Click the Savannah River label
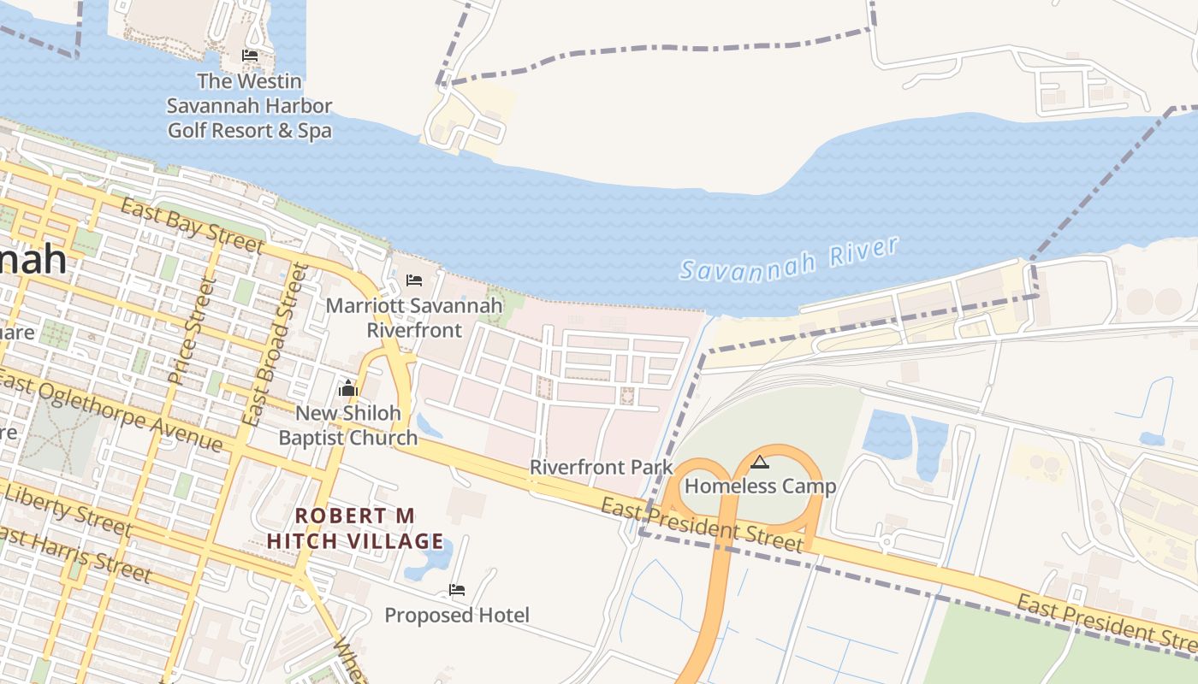pyautogui.click(x=789, y=258)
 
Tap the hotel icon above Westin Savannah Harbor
pyautogui.click(x=250, y=56)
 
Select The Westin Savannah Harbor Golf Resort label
pyautogui.click(x=249, y=106)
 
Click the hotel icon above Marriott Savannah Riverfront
pyautogui.click(x=414, y=280)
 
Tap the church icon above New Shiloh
pyautogui.click(x=348, y=389)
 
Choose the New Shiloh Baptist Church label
pyautogui.click(x=348, y=425)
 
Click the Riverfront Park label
pyautogui.click(x=602, y=468)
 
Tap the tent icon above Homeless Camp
pyautogui.click(x=759, y=463)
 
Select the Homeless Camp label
pyautogui.click(x=760, y=486)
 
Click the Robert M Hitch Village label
pyautogui.click(x=355, y=528)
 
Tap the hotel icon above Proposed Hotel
pyautogui.click(x=457, y=590)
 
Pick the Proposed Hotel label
pyautogui.click(x=457, y=615)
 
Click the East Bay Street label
pyautogui.click(x=192, y=226)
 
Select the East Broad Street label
pyautogui.click(x=274, y=345)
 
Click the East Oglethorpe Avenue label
pyautogui.click(x=111, y=411)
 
